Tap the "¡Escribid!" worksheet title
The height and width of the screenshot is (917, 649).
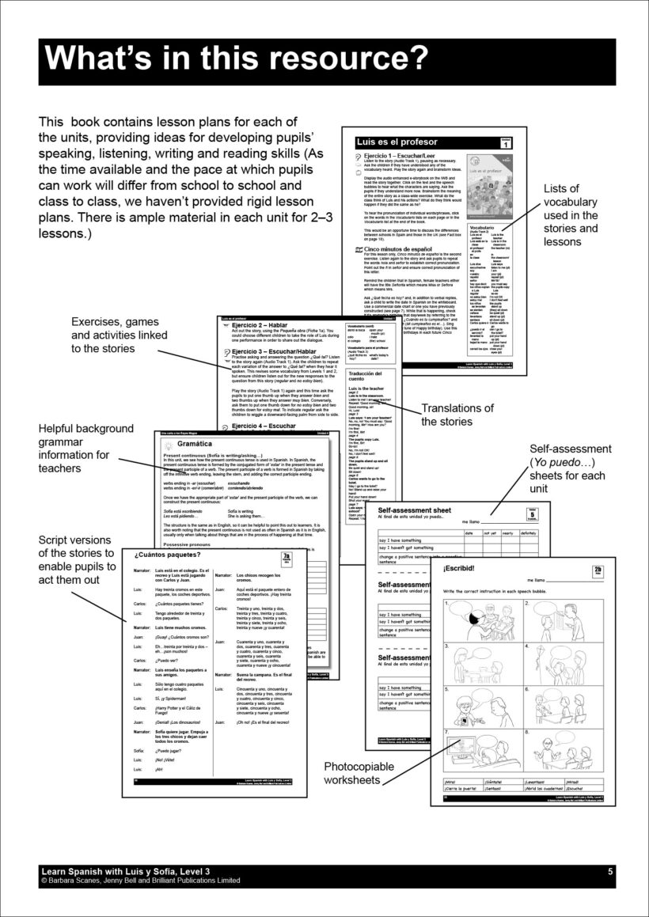point(463,568)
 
